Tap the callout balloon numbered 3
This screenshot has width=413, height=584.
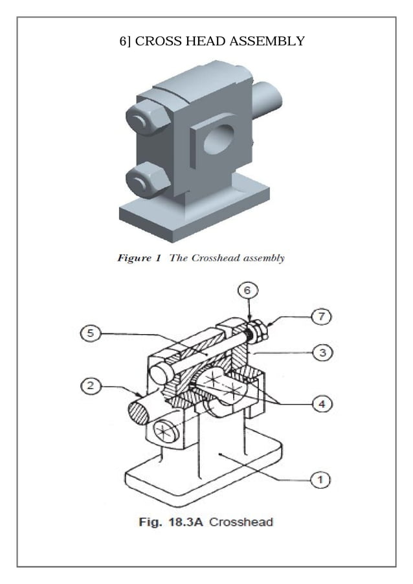(318, 352)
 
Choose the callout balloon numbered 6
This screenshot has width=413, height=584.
(247, 291)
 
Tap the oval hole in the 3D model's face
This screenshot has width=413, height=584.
(218, 139)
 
